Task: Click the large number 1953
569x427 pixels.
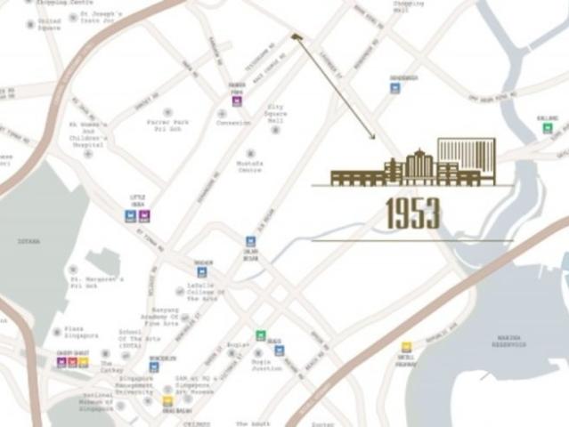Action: [x=412, y=213]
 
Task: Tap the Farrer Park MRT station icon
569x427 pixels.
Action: [x=237, y=101]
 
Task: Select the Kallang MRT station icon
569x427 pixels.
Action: [x=548, y=128]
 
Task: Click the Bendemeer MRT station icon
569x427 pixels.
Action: [x=394, y=88]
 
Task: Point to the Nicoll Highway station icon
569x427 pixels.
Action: [x=406, y=347]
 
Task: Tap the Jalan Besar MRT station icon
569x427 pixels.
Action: [x=251, y=241]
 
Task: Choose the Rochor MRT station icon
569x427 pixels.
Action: [x=202, y=272]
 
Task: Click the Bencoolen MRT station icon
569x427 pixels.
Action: [x=154, y=367]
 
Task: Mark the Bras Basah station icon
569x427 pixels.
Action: [x=167, y=402]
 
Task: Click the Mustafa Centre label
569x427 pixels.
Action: [x=250, y=167]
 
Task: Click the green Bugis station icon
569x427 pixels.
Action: [x=261, y=335]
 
